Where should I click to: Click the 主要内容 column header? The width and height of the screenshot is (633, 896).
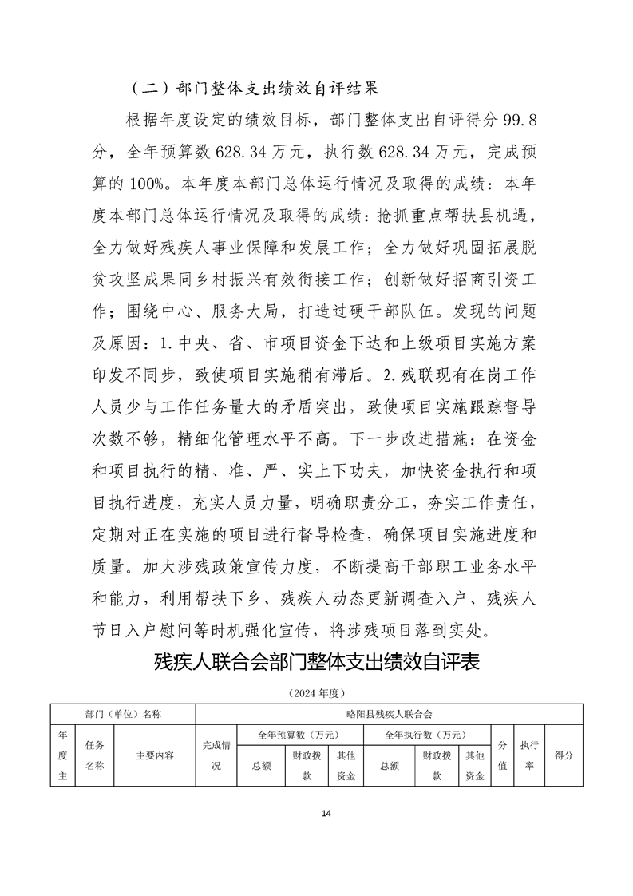pyautogui.click(x=155, y=755)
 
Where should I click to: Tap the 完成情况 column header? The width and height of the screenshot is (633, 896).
pyautogui.click(x=216, y=755)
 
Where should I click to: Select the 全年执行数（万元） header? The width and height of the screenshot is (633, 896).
pyautogui.click(x=425, y=735)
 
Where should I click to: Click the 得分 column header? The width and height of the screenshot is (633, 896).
pyautogui.click(x=564, y=755)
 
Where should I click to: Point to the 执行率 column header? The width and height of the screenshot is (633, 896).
pyautogui.click(x=528, y=755)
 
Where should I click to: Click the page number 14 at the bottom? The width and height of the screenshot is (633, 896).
pyautogui.click(x=325, y=813)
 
